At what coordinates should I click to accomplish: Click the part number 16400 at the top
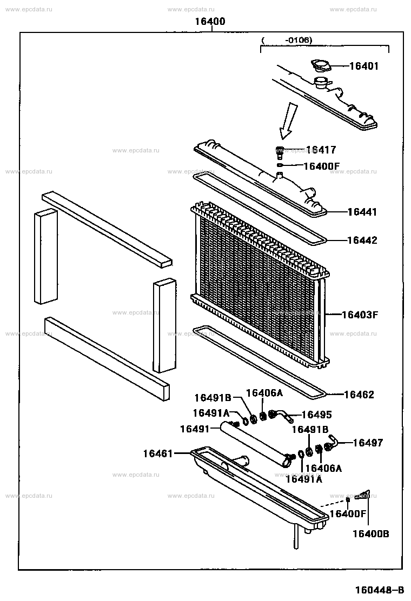(210, 22)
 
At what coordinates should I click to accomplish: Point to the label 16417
(321, 150)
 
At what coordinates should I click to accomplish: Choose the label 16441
(362, 212)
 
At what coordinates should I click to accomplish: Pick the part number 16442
(362, 241)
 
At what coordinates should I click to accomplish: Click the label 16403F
(360, 314)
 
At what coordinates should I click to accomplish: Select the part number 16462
(359, 395)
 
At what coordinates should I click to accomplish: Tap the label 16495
(316, 415)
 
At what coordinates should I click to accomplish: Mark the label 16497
(367, 443)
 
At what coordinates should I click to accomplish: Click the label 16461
(158, 453)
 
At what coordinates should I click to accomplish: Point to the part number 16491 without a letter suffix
(195, 429)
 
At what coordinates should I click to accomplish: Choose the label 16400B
(370, 534)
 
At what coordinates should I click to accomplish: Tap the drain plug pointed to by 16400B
(362, 495)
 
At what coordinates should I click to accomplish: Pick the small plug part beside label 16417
(280, 151)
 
